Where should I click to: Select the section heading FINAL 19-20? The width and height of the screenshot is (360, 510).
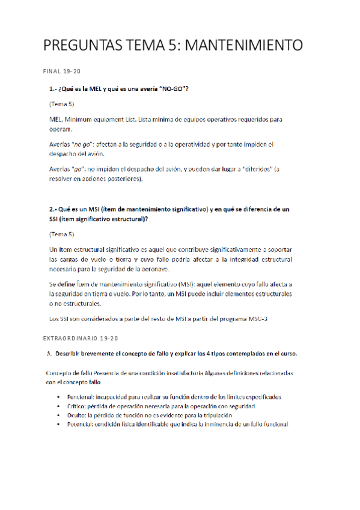62,72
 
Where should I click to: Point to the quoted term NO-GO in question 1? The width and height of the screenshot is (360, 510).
172,89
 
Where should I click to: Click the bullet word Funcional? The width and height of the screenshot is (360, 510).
82,398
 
